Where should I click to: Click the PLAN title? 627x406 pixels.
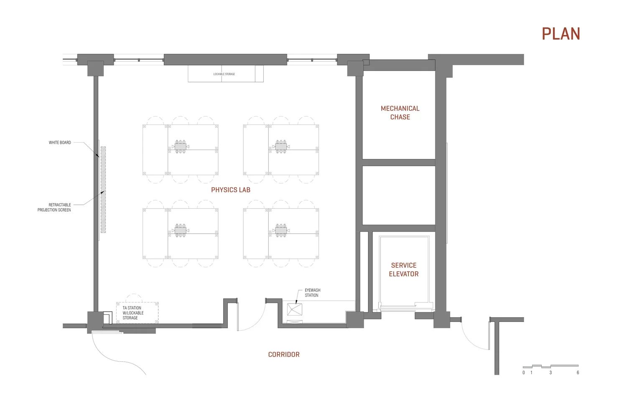click(x=561, y=34)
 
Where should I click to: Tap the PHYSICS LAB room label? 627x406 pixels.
click(x=231, y=190)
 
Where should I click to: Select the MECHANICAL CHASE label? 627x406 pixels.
click(x=400, y=112)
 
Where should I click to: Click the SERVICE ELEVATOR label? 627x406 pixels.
click(x=404, y=269)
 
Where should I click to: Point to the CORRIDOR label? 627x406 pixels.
click(x=284, y=355)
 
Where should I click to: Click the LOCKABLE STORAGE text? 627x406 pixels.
click(x=224, y=74)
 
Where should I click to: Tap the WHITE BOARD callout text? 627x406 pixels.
click(x=60, y=143)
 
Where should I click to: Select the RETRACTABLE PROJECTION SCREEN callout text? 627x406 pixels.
click(x=54, y=207)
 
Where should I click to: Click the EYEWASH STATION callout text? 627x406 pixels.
click(x=312, y=293)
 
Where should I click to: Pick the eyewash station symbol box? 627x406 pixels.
click(x=295, y=310)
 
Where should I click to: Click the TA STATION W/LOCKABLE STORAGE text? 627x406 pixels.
click(x=133, y=313)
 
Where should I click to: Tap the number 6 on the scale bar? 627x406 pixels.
click(x=578, y=373)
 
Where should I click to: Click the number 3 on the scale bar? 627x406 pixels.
click(x=551, y=373)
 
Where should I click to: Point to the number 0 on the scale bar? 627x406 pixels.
click(x=524, y=373)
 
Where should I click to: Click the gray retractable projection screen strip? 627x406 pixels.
click(x=103, y=189)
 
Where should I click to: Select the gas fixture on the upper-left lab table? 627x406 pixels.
click(x=180, y=147)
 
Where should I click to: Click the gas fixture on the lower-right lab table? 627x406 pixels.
click(x=281, y=230)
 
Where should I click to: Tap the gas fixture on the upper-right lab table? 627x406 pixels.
click(x=281, y=147)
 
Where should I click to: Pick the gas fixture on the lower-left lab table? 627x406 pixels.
click(x=180, y=230)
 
